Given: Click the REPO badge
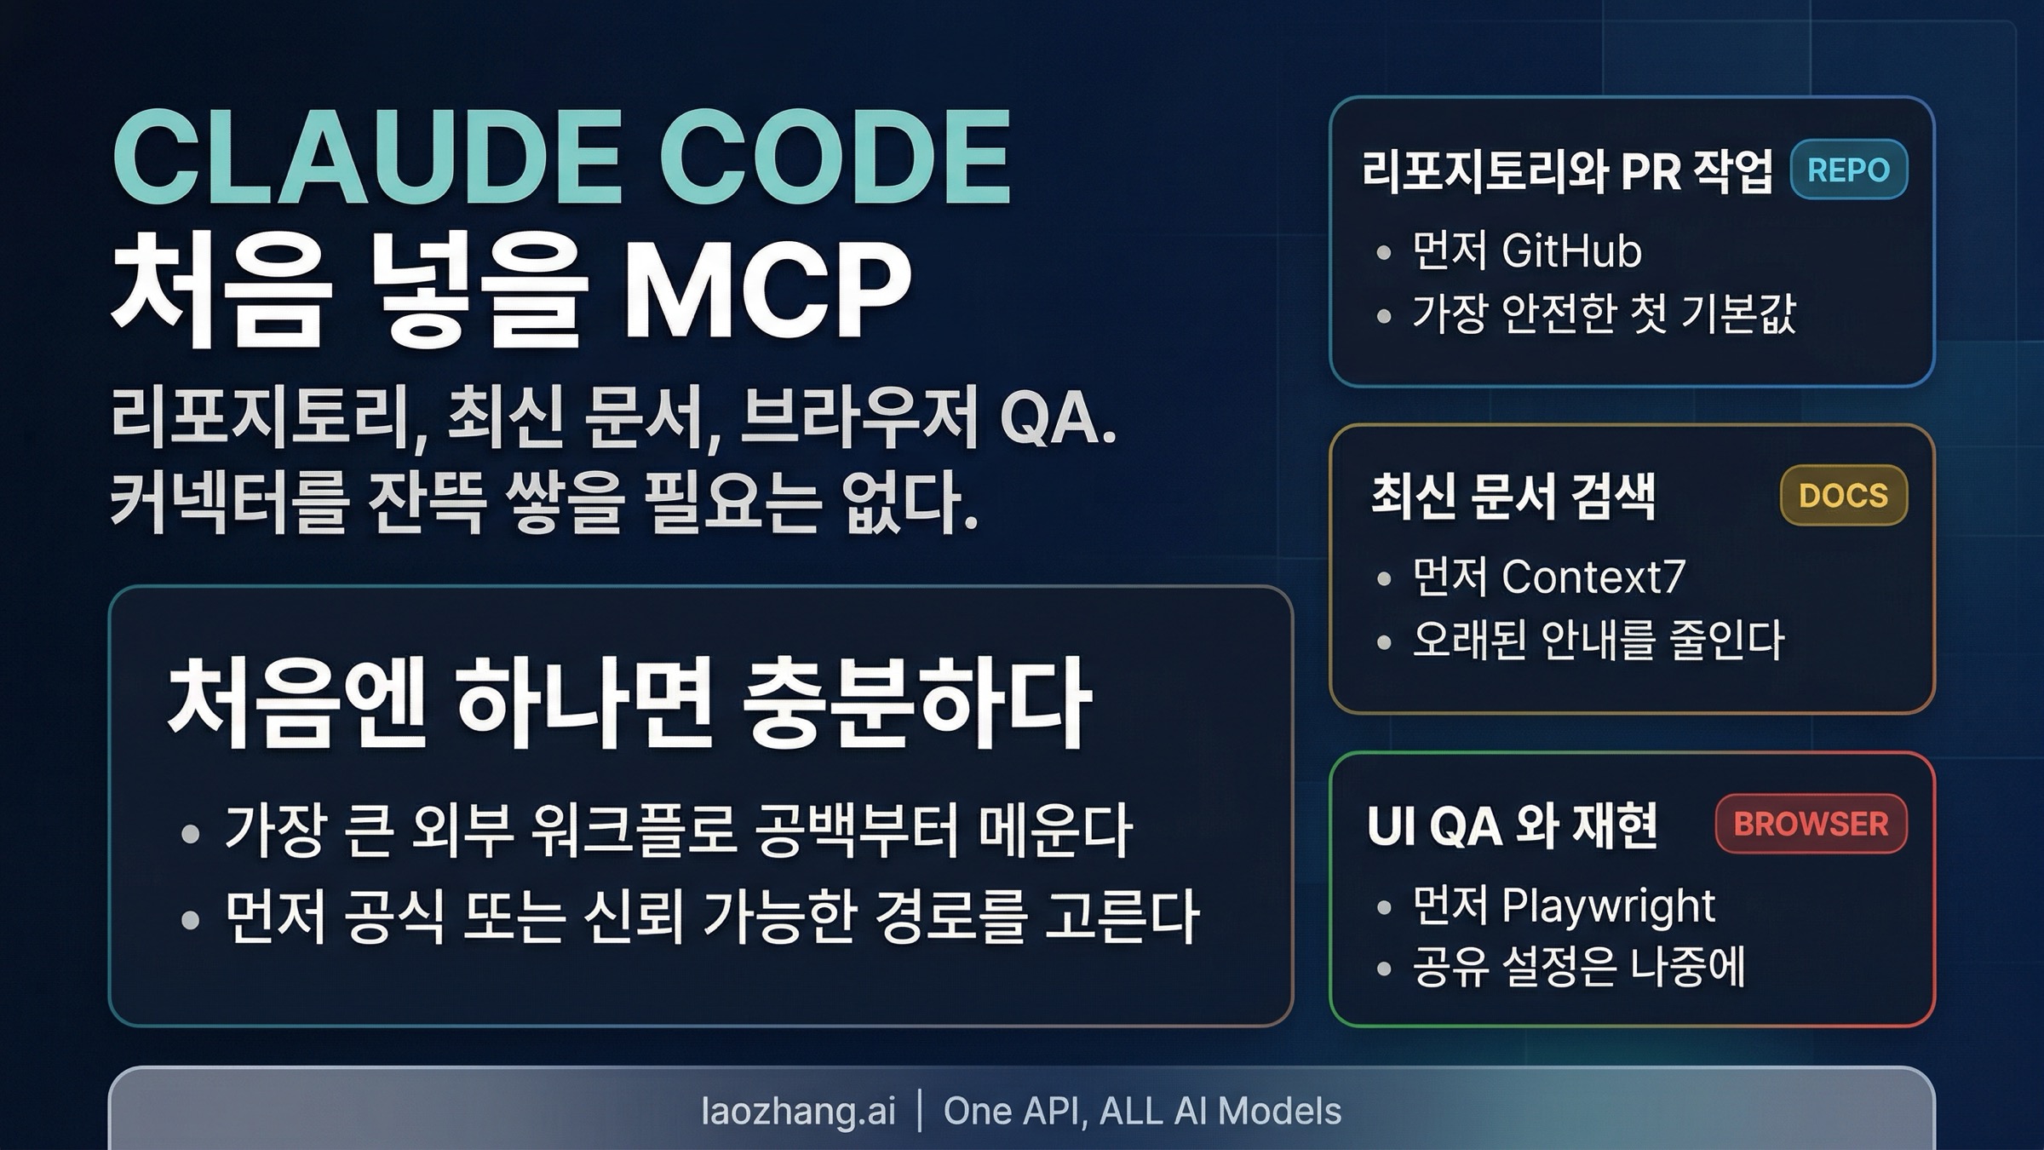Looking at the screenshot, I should (1848, 170).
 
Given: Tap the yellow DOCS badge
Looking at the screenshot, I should (1843, 495).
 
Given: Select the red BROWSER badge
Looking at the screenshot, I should (1811, 824).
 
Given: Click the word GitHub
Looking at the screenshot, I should (1571, 251).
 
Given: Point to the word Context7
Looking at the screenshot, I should (1593, 577).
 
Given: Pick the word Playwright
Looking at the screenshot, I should (1608, 906).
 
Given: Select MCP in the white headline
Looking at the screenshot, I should (766, 291).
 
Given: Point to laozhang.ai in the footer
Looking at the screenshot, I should (798, 1111).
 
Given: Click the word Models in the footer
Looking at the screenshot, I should (1279, 1111).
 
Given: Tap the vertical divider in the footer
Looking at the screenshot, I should (920, 1111).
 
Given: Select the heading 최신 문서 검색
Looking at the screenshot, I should (1513, 496).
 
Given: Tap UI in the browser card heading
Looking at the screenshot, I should (1387, 825).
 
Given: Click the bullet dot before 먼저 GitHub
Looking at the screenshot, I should (1383, 253).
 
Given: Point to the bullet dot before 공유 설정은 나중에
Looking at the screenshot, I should (1383, 969).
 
